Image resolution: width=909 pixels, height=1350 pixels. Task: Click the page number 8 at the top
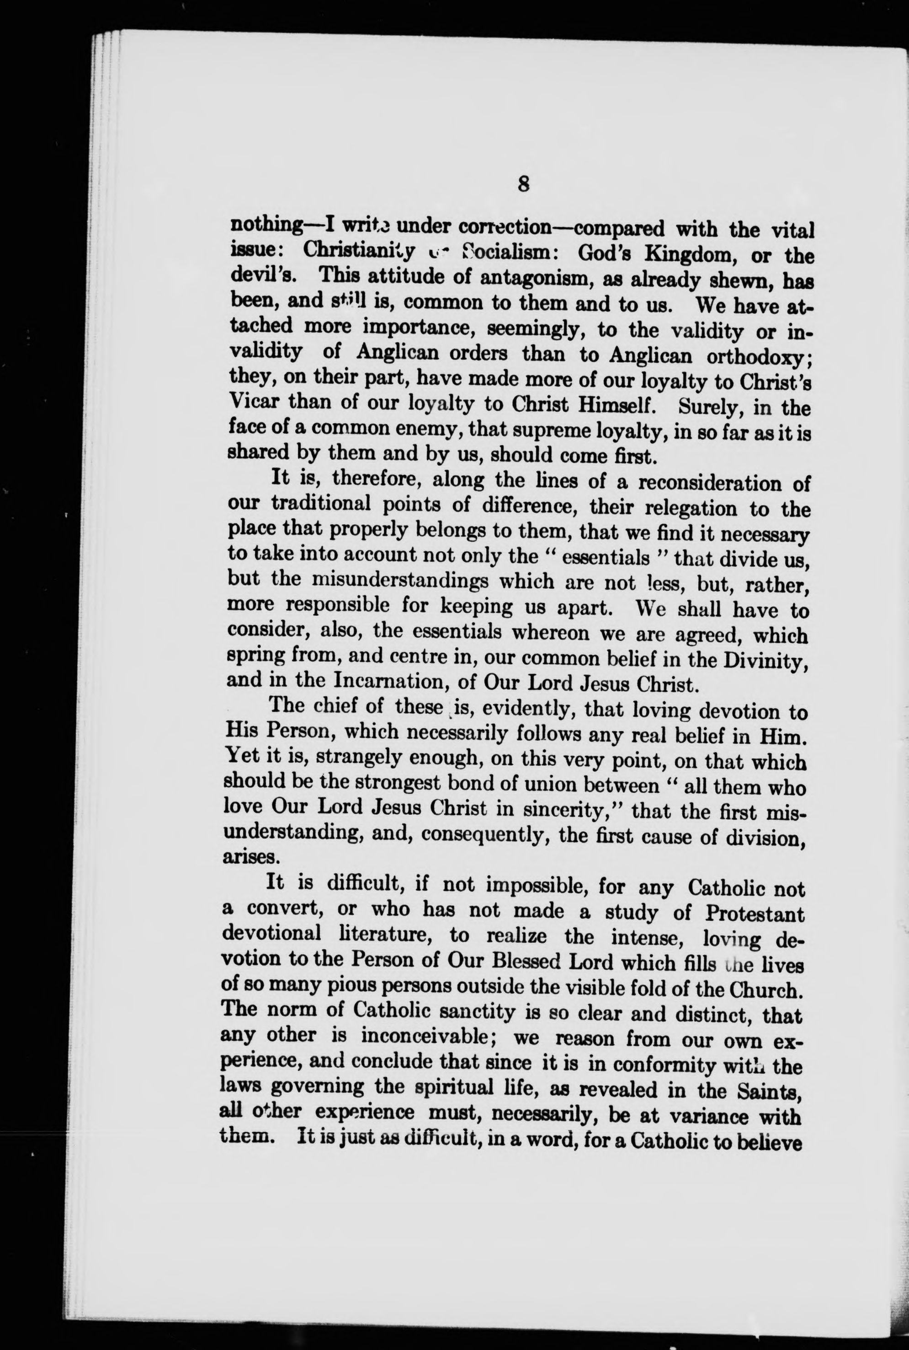[x=523, y=184]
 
